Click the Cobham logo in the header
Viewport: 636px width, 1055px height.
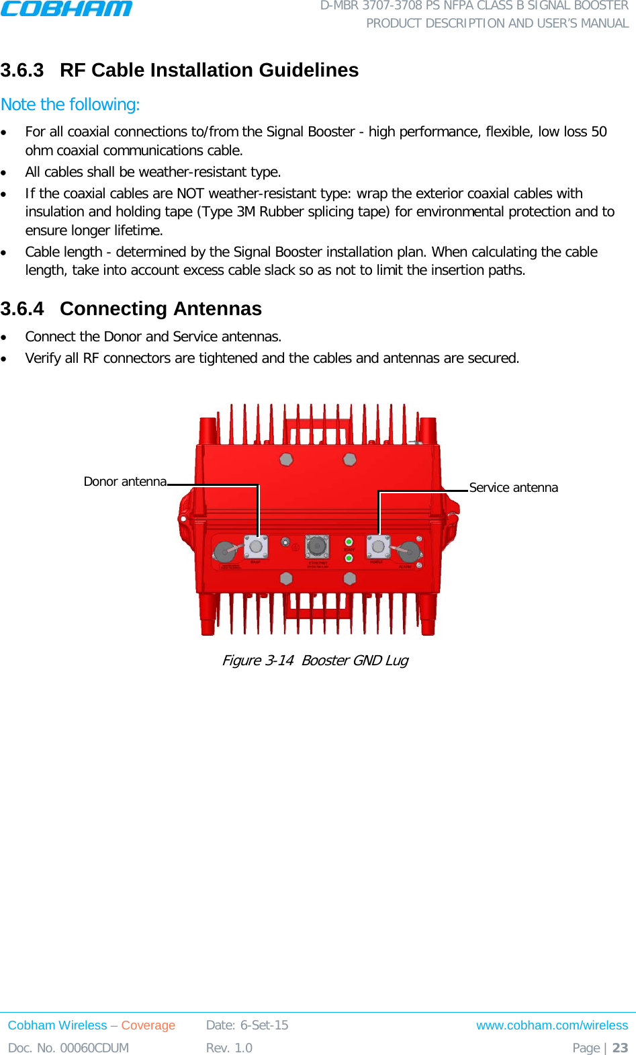66,9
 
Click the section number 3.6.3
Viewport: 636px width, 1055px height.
22,70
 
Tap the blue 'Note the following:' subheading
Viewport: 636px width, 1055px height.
71,105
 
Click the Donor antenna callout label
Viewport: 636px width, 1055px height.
125,482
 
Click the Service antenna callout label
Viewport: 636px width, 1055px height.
513,488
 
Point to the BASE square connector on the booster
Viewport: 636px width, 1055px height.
256,547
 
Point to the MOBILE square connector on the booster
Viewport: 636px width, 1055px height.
378,547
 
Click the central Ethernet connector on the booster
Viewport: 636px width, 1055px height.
317,547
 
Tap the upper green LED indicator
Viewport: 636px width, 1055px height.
349,542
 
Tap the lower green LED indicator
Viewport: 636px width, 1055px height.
349,558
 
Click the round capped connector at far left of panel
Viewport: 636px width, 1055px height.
224,552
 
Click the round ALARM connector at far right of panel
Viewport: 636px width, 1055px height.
409,552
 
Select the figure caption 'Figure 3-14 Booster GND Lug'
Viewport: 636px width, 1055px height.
315,661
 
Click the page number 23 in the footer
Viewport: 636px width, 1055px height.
620,1048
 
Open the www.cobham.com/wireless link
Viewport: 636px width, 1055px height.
551,1025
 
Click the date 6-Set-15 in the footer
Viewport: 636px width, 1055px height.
264,1025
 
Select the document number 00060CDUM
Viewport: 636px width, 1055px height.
94,1048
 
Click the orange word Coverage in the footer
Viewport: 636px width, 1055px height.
148,1025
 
